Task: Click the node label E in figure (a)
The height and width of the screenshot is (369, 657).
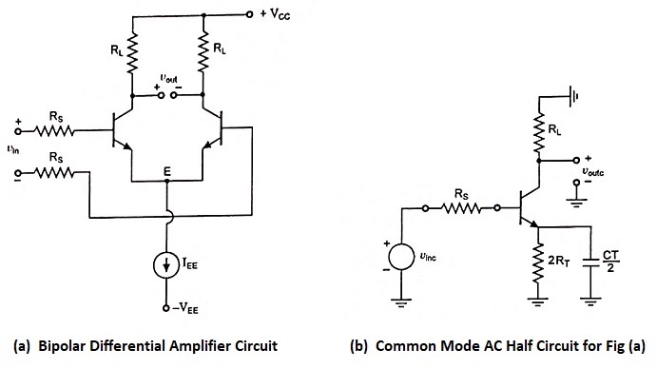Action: [x=168, y=173]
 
